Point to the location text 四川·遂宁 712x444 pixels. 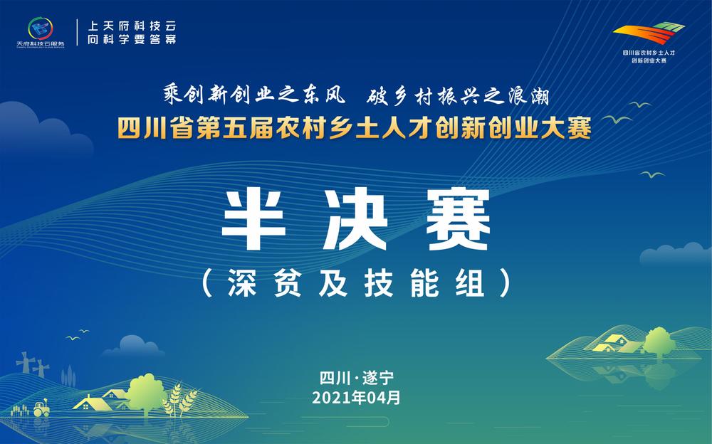tap(356, 377)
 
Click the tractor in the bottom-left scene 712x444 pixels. tap(40, 408)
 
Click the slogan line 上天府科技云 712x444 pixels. tap(131, 24)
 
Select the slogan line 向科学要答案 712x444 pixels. tap(131, 39)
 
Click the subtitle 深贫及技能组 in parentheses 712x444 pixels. tap(356, 282)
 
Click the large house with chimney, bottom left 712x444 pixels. tap(91, 403)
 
